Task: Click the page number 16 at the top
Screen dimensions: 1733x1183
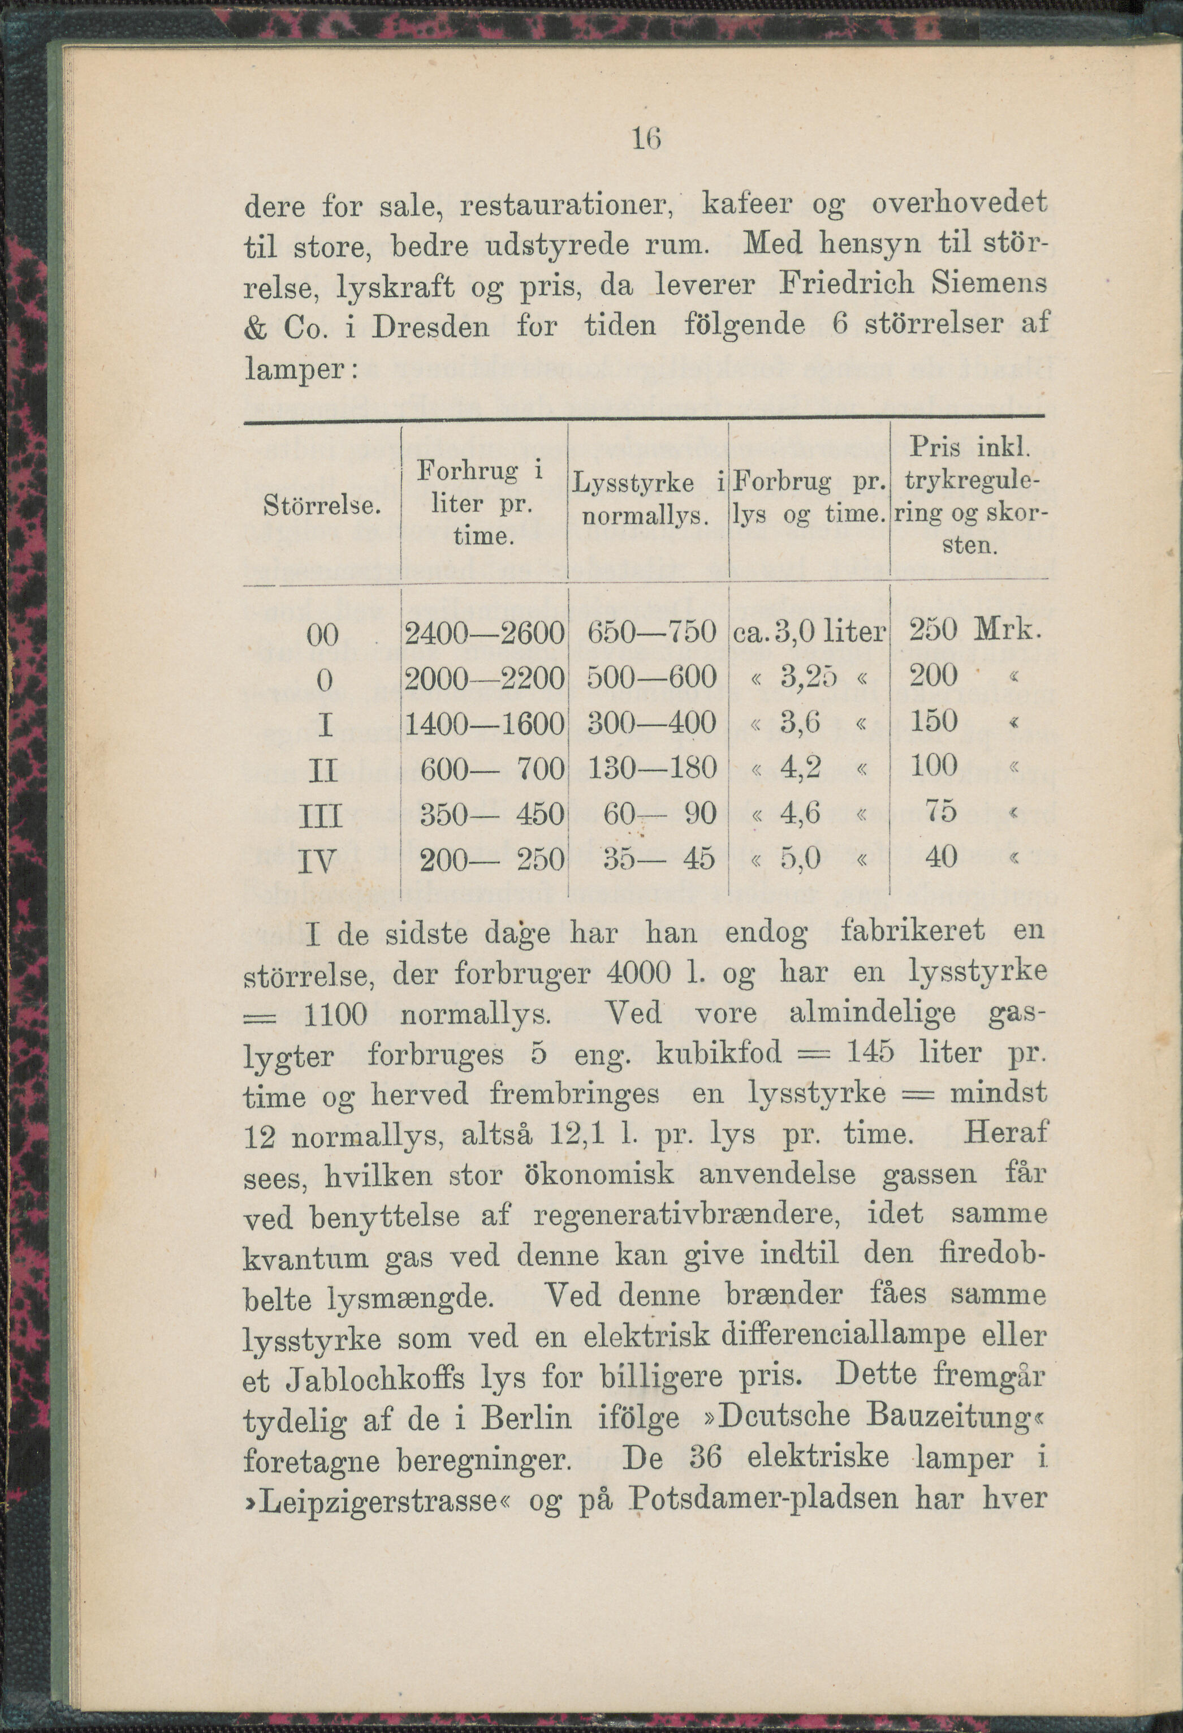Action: [646, 138]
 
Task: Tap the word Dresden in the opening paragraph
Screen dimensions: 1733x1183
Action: [430, 326]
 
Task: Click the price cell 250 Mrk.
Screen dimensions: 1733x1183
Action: [973, 631]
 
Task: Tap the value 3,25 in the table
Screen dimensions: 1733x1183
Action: [810, 677]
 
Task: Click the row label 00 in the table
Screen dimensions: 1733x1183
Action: [323, 635]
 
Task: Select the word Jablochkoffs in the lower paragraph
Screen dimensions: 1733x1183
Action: [375, 1379]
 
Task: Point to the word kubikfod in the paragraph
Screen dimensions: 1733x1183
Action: [719, 1053]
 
